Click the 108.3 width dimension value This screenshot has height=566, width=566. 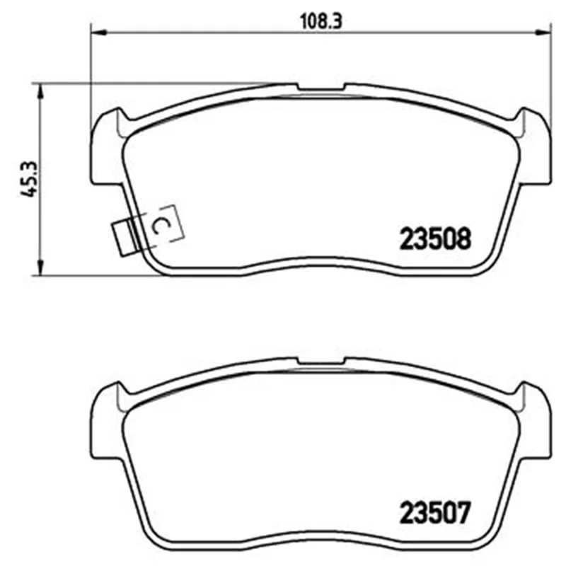[x=321, y=22]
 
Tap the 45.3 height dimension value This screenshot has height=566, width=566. [x=29, y=179]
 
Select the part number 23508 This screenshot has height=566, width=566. [x=435, y=238]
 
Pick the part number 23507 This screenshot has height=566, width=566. [x=435, y=512]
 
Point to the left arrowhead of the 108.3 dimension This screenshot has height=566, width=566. [x=98, y=33]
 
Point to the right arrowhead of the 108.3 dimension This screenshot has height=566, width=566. [x=543, y=33]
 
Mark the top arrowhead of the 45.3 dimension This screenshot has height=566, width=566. [x=41, y=92]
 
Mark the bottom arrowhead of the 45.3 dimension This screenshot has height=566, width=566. [x=41, y=267]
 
